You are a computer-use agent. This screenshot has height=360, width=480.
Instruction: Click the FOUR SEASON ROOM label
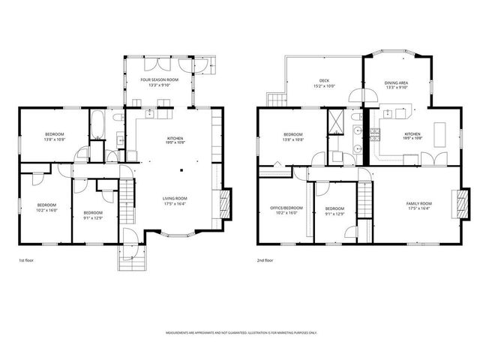point(160,79)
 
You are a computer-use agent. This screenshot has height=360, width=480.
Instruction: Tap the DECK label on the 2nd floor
point(324,80)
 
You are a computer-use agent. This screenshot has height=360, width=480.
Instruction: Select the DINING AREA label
point(397,82)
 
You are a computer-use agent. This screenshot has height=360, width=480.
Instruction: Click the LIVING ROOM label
point(175,199)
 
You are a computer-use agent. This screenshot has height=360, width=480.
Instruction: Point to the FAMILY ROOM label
point(419,203)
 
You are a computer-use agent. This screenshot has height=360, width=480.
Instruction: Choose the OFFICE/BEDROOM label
point(286,208)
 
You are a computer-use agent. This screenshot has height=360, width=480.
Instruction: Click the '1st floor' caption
point(26,260)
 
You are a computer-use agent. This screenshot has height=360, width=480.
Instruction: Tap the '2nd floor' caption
point(265,260)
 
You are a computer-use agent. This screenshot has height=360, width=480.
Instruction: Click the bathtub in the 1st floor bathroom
point(97,125)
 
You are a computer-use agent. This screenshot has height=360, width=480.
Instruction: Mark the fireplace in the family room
point(455,202)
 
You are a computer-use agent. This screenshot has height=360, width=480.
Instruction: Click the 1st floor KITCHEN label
point(175,138)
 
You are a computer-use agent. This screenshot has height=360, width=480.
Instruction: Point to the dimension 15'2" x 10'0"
point(324,86)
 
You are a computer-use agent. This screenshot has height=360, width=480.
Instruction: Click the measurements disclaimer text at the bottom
point(240,333)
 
